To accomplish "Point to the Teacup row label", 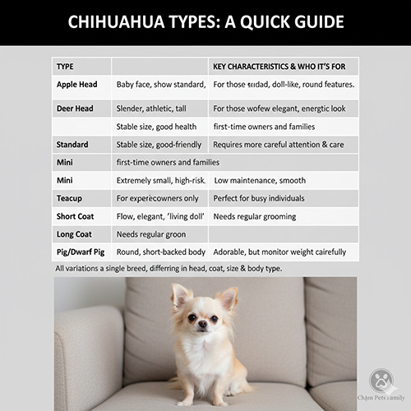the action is click(71, 198).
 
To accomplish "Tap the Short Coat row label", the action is click(78, 216).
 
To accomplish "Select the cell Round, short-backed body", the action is click(161, 252).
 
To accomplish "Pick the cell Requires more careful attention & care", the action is click(278, 145).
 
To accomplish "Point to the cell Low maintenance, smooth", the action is click(260, 180).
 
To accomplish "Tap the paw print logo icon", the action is click(381, 380).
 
